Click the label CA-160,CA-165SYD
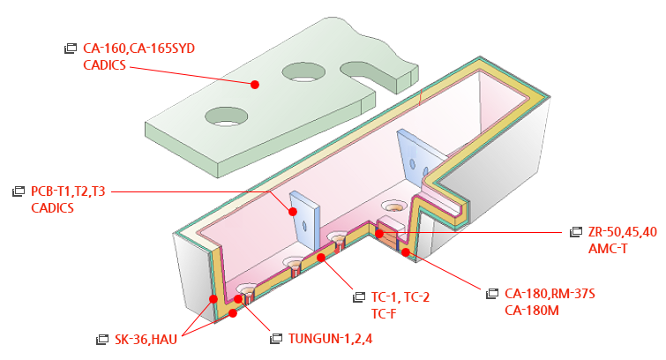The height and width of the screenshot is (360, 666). point(138,49)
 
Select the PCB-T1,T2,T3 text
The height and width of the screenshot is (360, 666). point(68,191)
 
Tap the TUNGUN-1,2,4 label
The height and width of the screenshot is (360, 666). point(330,338)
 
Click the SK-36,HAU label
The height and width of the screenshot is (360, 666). point(146,338)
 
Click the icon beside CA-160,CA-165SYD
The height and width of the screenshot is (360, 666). point(71,49)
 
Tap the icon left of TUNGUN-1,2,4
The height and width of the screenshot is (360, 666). point(276,338)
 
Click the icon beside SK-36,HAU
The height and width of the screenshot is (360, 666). point(101,338)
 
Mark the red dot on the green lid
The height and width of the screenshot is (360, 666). point(254,84)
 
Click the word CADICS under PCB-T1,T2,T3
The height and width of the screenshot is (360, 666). point(52,208)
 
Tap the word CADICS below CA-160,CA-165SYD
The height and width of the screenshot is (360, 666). point(104,64)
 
